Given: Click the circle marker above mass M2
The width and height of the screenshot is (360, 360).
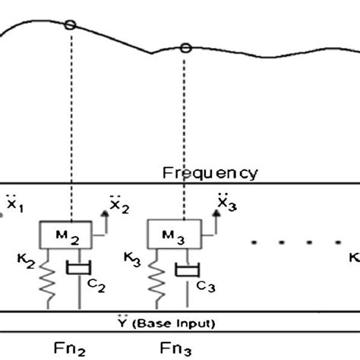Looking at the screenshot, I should (70, 25).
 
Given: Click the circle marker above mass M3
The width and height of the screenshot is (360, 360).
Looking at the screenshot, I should (185, 48).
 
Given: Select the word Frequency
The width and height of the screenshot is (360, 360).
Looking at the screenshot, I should (210, 172).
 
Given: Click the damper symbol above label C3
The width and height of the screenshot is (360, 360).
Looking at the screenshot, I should (185, 270).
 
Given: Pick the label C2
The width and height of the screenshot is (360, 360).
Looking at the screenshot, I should (96, 288).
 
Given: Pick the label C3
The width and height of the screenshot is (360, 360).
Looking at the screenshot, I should (206, 286).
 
